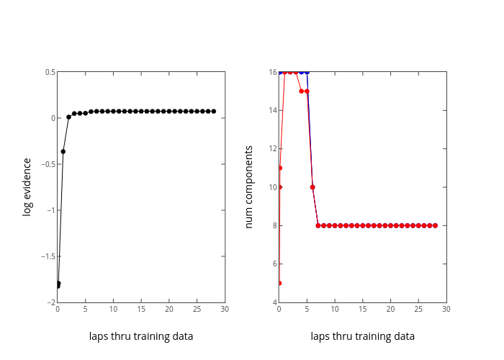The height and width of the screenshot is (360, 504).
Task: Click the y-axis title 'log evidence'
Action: click(27, 187)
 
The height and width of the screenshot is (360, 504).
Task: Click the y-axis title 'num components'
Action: click(249, 187)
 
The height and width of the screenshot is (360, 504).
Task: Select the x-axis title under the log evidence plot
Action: click(141, 336)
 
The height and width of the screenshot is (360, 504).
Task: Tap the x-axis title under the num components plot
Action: click(363, 336)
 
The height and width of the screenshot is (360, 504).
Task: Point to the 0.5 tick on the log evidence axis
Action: click(50, 72)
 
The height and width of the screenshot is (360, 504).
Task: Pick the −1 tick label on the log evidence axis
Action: click(49, 210)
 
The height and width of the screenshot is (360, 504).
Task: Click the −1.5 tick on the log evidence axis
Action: click(48, 256)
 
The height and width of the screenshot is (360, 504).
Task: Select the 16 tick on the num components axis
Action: click(273, 72)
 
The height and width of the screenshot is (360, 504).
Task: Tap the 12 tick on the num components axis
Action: click(273, 149)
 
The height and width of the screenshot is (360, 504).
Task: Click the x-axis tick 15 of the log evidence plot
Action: click(141, 309)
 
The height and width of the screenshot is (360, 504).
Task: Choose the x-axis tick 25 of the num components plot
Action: click(418, 309)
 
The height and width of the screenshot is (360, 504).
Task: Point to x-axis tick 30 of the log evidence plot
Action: click(225, 309)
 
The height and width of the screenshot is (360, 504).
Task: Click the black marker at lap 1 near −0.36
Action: click(63, 151)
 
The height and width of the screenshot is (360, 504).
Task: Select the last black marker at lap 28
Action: click(214, 111)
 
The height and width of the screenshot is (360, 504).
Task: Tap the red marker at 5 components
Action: click(279, 283)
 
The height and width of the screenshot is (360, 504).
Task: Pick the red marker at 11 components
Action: click(280, 168)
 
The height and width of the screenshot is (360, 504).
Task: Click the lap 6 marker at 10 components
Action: click(312, 187)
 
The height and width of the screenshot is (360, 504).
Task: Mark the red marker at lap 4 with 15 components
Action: click(301, 91)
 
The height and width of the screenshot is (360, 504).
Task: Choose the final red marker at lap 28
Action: click(435, 225)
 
